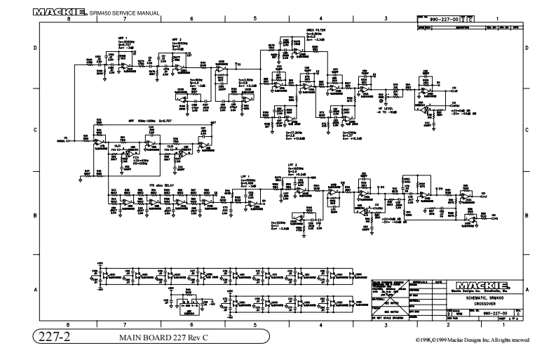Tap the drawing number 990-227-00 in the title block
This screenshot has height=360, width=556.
click(x=477, y=314)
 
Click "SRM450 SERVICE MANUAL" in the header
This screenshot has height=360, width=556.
click(x=126, y=13)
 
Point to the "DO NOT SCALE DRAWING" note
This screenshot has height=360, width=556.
click(x=390, y=319)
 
